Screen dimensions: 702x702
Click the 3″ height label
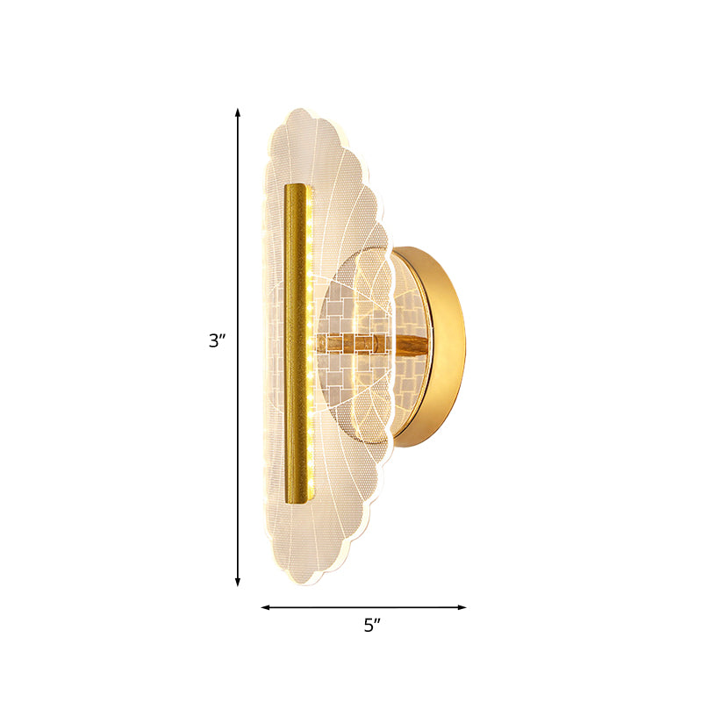(217, 341)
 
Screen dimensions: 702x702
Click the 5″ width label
(374, 625)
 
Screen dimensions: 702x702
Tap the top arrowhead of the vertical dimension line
(238, 112)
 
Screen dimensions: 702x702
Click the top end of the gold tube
(298, 187)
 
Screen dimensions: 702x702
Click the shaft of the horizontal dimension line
(364, 606)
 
